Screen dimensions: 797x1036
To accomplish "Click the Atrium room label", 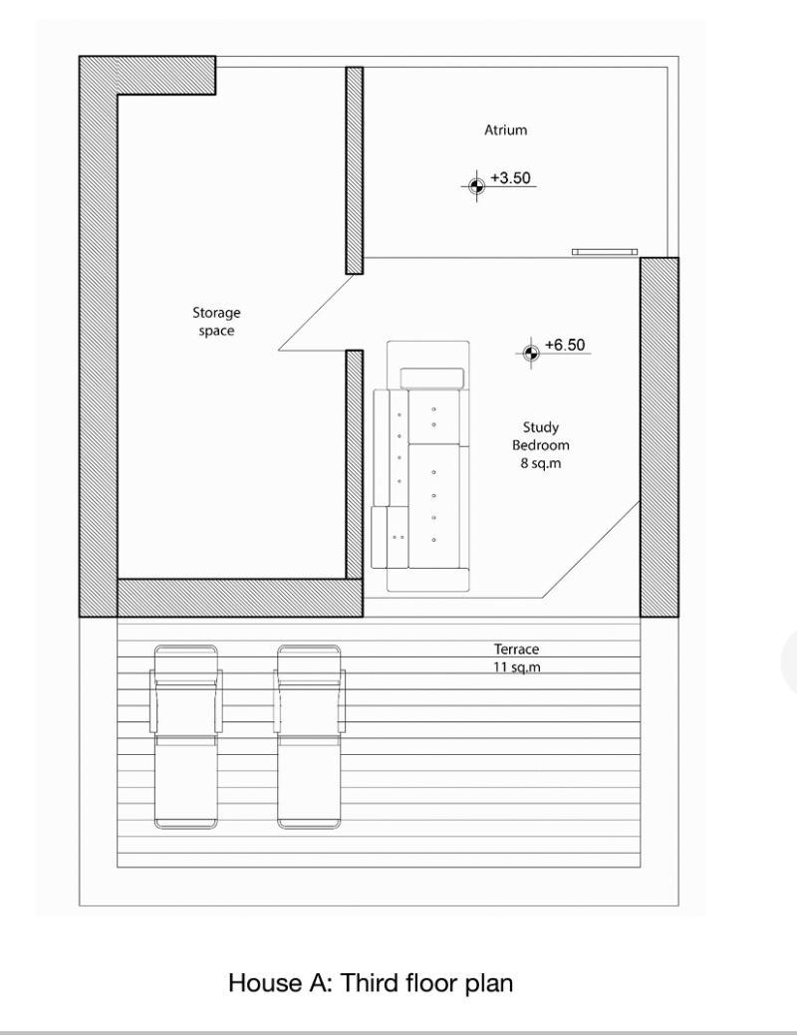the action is [x=505, y=130].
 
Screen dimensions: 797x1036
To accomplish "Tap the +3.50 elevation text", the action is [x=510, y=178].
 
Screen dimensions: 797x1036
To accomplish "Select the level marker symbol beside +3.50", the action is [x=476, y=185].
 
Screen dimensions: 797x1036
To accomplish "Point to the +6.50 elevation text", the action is [x=565, y=345].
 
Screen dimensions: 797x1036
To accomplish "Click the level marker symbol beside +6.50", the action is [x=530, y=353].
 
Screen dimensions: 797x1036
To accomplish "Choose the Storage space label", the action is [x=216, y=321].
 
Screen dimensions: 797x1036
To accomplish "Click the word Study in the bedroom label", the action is [x=541, y=427].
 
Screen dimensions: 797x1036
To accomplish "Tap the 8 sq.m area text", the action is [x=541, y=463].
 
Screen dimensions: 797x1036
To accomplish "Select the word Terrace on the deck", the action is [x=516, y=649].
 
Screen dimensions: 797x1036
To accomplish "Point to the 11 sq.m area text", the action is [x=516, y=667].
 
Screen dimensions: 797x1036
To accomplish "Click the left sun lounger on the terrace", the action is [x=185, y=737].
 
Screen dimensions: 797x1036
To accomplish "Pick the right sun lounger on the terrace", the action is [x=310, y=737].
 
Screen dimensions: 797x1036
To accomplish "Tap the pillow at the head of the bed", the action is [x=432, y=378].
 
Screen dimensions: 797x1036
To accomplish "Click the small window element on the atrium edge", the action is [x=606, y=252].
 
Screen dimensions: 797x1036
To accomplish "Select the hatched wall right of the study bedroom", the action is [x=659, y=437].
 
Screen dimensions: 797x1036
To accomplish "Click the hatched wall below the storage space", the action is [x=240, y=598].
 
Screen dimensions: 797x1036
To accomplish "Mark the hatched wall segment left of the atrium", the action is [x=355, y=170].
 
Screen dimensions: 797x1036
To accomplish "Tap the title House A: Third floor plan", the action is [x=371, y=983].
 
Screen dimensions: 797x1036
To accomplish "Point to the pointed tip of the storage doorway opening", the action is [x=279, y=350].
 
